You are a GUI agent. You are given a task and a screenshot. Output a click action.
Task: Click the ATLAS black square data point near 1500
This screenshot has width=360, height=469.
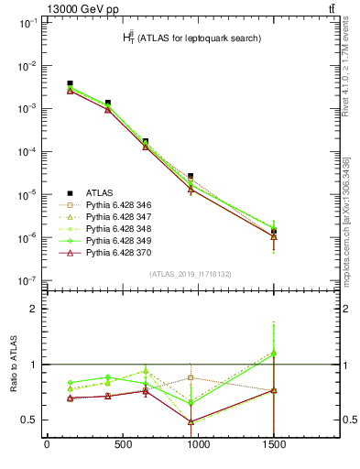tap(273, 232)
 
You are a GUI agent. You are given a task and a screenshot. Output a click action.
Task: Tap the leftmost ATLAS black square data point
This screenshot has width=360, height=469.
tap(71, 83)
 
